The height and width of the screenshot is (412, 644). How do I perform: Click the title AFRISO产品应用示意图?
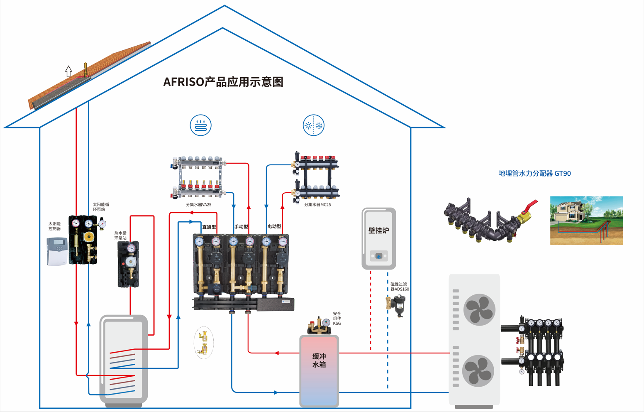223,82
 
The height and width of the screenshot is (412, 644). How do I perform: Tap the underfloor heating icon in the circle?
200,125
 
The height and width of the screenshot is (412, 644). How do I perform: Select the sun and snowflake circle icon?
313,125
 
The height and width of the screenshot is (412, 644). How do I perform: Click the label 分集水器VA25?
198,205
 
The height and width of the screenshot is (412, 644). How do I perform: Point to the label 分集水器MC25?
317,205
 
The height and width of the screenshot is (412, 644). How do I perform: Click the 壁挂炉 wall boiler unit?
379,238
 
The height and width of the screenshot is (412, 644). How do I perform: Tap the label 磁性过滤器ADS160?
399,287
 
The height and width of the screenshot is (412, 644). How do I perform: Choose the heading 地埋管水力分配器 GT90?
534,174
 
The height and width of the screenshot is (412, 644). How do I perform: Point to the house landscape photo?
586,221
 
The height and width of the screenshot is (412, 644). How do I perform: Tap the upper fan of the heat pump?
479,309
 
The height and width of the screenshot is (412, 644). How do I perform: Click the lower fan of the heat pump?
478,371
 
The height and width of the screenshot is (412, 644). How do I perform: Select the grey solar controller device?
56,251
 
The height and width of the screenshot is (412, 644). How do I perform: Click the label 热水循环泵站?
120,235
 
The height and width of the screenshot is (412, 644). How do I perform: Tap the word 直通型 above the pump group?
209,227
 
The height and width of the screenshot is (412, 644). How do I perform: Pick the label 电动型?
274,226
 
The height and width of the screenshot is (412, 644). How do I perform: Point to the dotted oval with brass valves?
203,343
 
